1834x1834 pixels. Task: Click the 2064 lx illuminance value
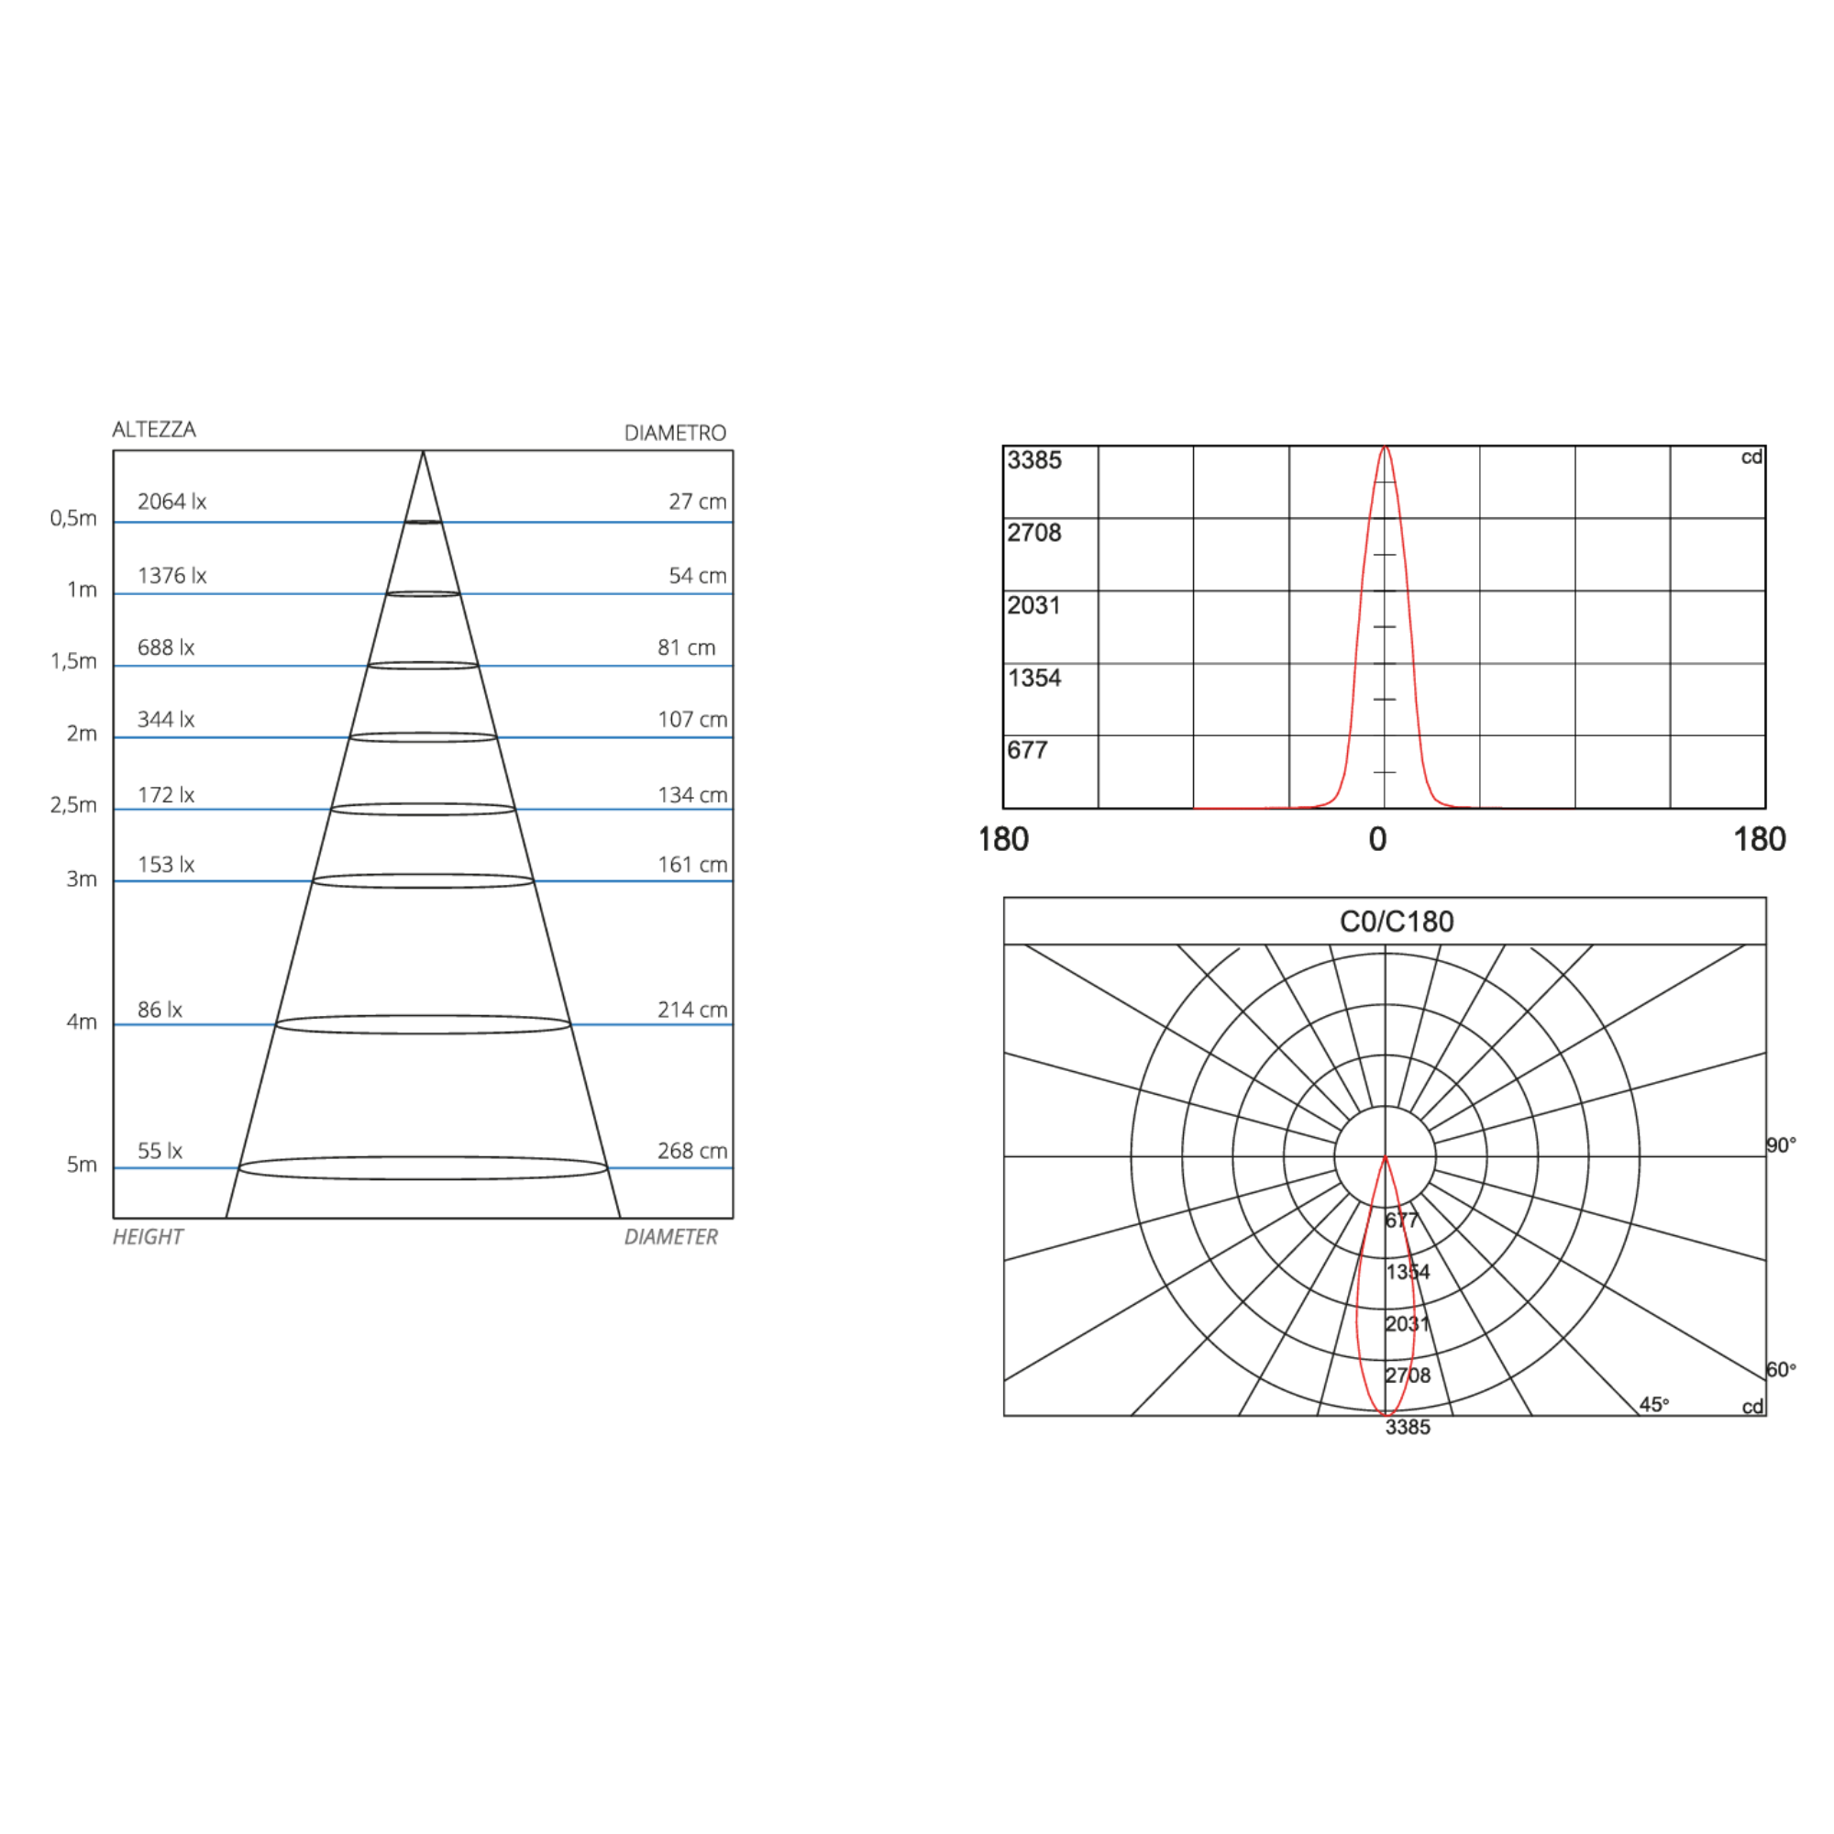point(171,502)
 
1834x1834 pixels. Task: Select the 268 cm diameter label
point(692,1151)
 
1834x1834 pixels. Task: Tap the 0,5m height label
point(73,518)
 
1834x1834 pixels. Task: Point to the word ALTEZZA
point(154,429)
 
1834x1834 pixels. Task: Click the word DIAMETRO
point(675,433)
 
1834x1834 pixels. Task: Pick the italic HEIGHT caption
point(148,1237)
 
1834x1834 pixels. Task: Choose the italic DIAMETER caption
point(671,1237)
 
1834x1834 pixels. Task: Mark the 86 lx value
point(160,1009)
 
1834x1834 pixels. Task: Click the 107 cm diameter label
point(692,720)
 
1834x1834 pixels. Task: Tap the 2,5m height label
point(73,805)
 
